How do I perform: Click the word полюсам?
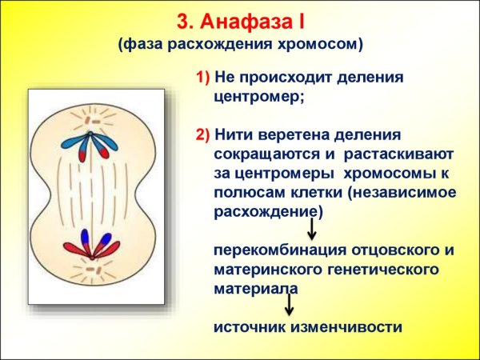[249, 192]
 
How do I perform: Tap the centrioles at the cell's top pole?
[90, 116]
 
